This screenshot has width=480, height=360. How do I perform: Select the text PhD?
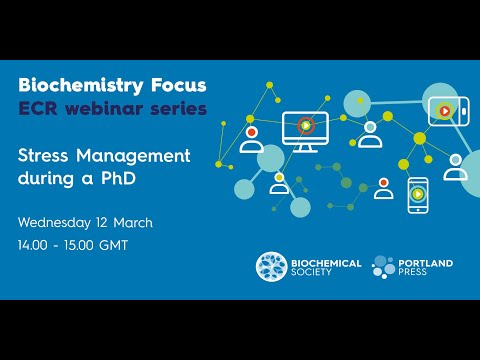point(117,180)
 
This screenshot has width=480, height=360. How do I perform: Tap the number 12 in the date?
point(110,221)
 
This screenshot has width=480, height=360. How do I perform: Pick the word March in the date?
point(139,221)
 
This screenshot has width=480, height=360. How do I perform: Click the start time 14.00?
point(37,245)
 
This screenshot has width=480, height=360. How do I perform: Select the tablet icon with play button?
point(443,109)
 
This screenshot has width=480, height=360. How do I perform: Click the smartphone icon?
point(418,196)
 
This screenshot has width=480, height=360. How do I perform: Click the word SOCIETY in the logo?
point(314,273)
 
